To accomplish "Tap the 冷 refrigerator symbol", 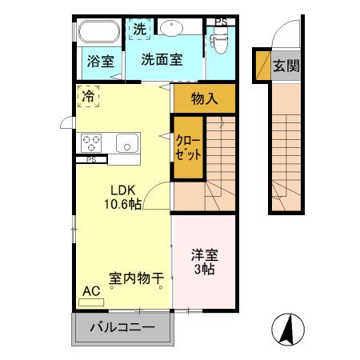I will [x=86, y=96].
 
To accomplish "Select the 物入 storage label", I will [x=205, y=98].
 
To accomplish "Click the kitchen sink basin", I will [x=128, y=143].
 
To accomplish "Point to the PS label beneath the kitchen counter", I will [x=91, y=160].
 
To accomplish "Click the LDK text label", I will [x=122, y=190].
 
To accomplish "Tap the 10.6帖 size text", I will [x=122, y=204].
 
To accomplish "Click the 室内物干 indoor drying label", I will [x=137, y=278].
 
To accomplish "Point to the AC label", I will [x=91, y=292].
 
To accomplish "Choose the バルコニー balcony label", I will [x=122, y=326].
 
